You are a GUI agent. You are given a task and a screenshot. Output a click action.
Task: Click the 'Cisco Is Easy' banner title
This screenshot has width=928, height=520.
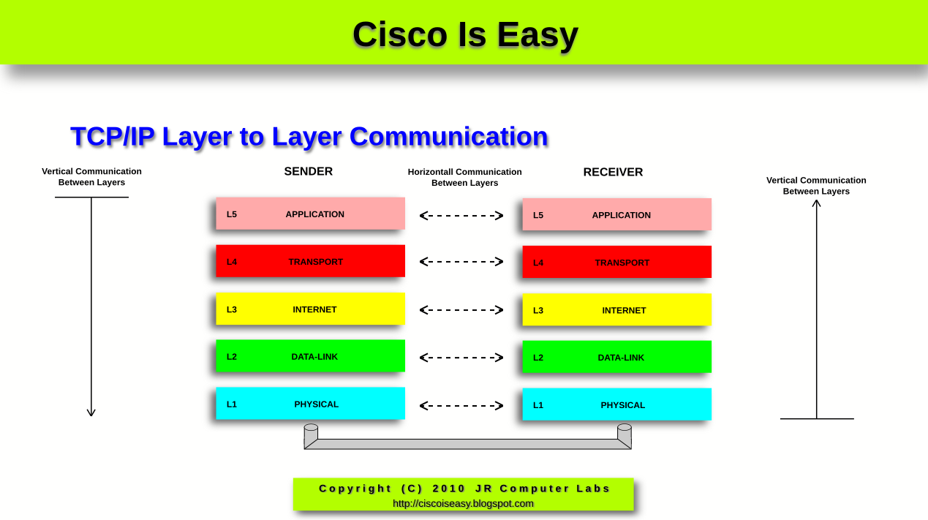click(465, 35)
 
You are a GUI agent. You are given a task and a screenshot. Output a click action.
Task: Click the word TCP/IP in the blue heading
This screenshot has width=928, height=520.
click(113, 136)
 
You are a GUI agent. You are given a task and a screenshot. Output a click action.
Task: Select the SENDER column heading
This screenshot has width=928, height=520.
click(308, 172)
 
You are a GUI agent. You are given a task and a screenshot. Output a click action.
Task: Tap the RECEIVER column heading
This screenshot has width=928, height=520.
click(613, 173)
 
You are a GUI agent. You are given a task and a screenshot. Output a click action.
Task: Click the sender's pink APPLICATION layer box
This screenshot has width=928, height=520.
click(310, 214)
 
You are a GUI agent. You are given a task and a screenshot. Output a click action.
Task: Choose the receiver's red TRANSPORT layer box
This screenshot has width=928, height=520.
click(617, 262)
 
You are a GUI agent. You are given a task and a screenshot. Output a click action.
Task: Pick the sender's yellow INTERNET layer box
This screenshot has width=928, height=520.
click(310, 309)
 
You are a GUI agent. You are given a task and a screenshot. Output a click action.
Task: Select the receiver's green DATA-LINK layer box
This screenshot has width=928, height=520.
click(617, 357)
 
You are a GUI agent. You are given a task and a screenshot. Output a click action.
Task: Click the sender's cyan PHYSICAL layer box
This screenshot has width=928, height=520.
click(310, 404)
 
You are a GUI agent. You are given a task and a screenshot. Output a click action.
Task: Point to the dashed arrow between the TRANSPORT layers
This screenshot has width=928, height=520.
click(461, 261)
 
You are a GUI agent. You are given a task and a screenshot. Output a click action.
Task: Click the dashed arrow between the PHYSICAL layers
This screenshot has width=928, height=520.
click(461, 406)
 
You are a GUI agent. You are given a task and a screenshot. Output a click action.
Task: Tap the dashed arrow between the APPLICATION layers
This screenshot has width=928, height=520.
click(461, 216)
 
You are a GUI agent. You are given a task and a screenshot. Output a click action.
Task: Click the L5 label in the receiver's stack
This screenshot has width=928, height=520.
click(538, 216)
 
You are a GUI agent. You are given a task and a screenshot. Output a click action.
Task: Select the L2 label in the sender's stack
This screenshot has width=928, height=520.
click(232, 357)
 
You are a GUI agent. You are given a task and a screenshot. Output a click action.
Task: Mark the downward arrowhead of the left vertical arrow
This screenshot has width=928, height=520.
click(91, 412)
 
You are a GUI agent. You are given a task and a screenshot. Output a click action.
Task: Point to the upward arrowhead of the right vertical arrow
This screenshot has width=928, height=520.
click(817, 203)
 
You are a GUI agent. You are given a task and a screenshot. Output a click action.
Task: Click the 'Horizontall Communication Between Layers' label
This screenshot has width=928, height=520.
click(465, 177)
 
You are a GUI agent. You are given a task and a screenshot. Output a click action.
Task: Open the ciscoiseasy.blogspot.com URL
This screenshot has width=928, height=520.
click(463, 503)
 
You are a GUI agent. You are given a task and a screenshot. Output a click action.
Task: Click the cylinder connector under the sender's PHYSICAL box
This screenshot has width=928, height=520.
click(311, 434)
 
